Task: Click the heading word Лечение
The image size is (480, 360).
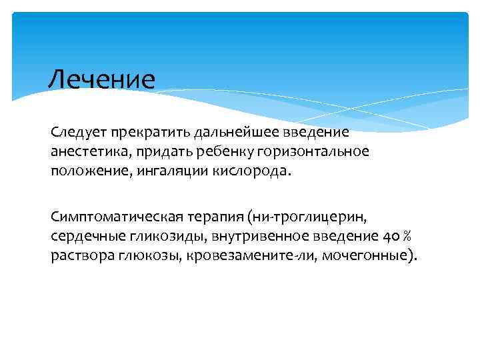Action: (x=101, y=79)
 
